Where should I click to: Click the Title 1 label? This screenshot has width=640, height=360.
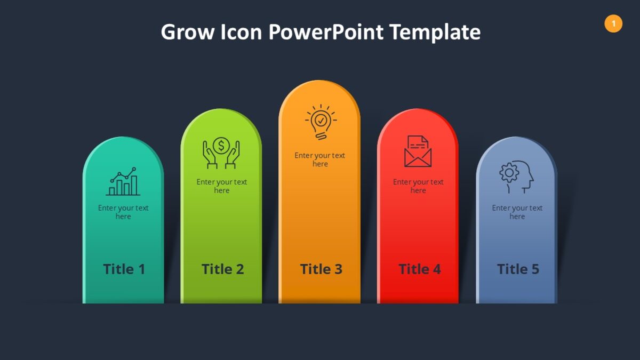tap(124, 269)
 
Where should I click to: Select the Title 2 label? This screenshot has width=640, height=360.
tap(222, 269)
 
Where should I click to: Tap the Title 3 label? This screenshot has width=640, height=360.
tap(321, 269)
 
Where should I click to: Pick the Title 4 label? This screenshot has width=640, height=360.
tap(419, 269)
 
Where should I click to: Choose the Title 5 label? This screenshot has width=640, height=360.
tap(518, 269)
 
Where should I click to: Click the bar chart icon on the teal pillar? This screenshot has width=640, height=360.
tap(123, 182)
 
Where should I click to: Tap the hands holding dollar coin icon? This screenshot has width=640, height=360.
tap(221, 153)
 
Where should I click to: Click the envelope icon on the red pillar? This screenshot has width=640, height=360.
tap(418, 151)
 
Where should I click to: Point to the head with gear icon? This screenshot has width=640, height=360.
tap(516, 177)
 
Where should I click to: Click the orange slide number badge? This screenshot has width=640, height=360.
tap(613, 23)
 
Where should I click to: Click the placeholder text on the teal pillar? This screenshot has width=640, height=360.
tap(123, 212)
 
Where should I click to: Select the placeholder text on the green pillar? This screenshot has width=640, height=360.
tap(221, 186)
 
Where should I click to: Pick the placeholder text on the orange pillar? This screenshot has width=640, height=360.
tap(320, 159)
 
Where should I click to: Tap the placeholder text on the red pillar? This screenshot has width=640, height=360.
tap(418, 186)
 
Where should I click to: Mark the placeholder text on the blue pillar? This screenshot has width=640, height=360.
tap(517, 212)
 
